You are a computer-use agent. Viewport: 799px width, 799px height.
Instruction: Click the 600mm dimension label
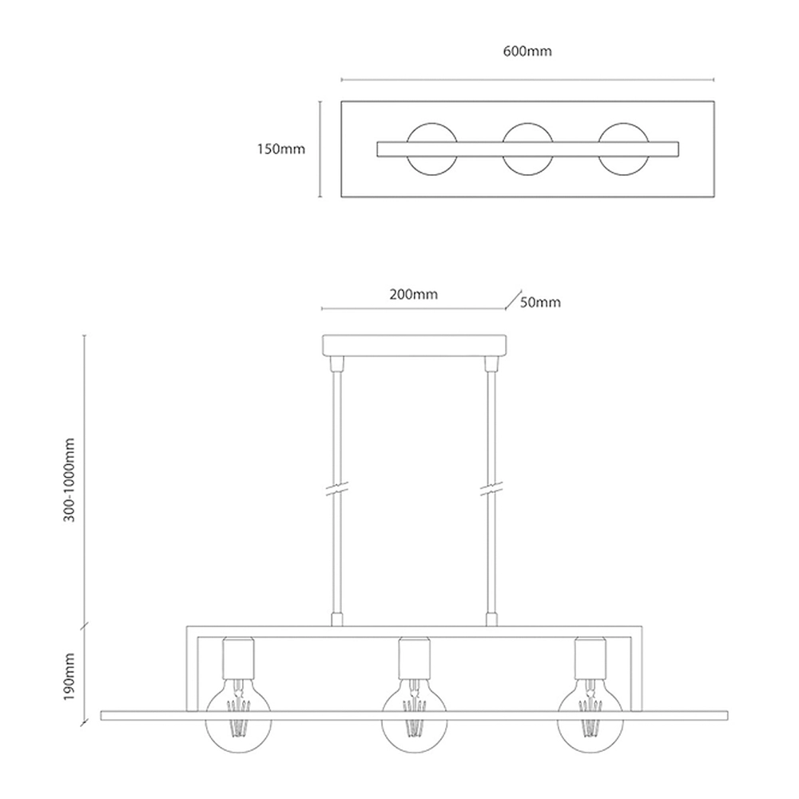527,51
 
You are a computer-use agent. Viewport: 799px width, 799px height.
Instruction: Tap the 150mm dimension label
280,149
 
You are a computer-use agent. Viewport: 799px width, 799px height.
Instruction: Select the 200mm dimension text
413,295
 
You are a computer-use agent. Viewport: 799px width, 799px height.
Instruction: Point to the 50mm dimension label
541,302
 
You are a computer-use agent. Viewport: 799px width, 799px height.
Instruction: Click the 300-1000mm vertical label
70,479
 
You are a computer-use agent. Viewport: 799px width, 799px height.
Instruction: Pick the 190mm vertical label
70,677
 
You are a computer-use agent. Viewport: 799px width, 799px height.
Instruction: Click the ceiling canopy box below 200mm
414,345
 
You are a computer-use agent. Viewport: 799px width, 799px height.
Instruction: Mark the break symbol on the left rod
337,487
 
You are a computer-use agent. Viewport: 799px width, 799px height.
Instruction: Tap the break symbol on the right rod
491,487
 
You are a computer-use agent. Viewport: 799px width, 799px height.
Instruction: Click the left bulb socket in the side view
238,658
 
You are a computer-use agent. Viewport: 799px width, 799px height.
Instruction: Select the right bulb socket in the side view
590,658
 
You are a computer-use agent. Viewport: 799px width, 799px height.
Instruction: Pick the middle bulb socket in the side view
415,658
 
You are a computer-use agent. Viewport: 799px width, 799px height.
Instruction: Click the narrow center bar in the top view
528,149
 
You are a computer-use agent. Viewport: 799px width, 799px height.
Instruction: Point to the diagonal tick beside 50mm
513,300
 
